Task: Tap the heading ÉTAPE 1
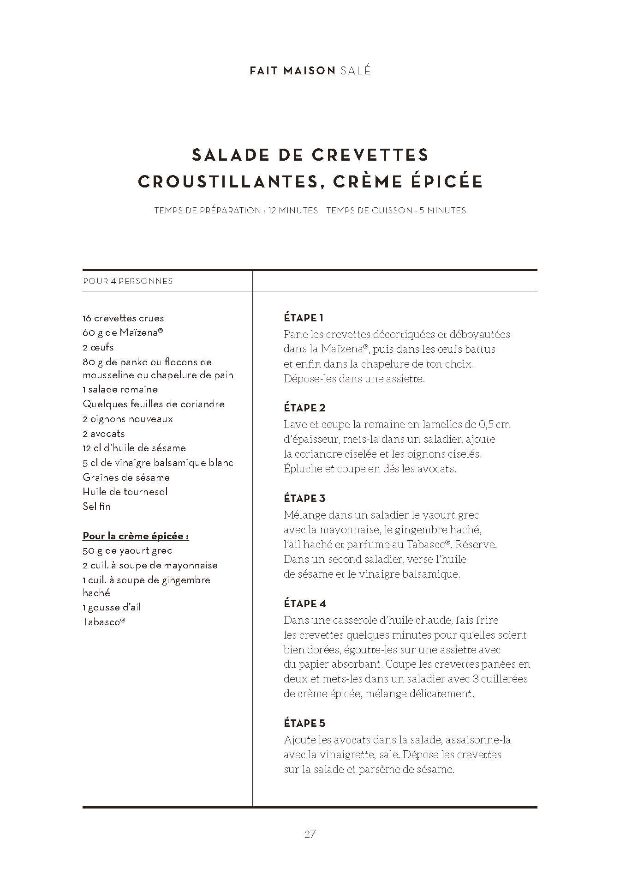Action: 304,318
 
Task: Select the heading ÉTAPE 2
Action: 304,408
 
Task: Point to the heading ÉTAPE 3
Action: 304,498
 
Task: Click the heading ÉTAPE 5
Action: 304,723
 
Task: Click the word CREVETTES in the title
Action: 370,155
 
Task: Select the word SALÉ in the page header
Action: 355,71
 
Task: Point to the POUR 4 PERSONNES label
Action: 128,281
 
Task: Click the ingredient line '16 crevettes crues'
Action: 123,318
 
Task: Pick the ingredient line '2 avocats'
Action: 104,434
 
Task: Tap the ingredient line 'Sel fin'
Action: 97,506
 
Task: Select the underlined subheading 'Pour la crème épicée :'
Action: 136,536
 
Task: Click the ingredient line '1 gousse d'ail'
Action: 112,607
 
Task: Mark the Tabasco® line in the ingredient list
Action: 104,622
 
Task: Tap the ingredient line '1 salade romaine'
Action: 120,389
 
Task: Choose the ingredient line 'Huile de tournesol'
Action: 125,491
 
